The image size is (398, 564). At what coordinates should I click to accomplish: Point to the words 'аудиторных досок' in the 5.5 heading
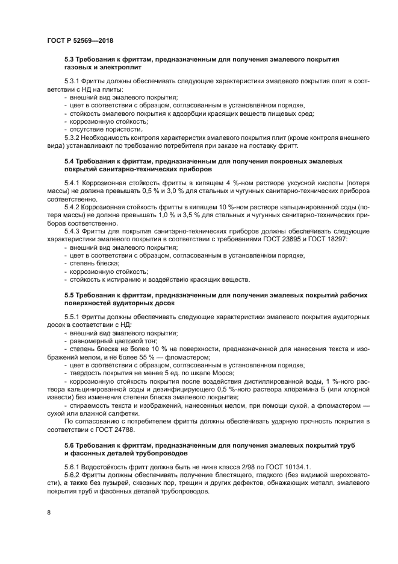(143, 303)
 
